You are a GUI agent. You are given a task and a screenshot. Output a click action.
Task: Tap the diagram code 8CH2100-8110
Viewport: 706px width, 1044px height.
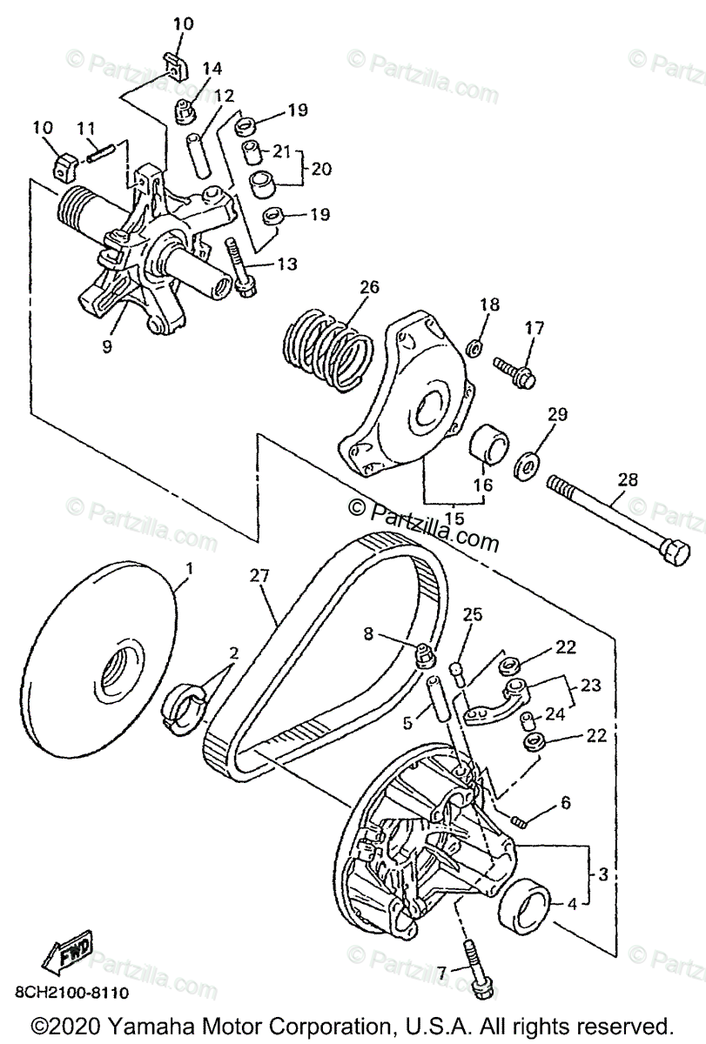[x=71, y=994]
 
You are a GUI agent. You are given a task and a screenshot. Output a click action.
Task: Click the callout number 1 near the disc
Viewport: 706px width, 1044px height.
[x=190, y=570]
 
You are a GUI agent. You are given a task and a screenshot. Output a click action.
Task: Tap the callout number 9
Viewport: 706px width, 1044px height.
[x=107, y=347]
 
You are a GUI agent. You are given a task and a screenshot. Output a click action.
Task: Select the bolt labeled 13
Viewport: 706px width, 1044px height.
[x=239, y=265]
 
